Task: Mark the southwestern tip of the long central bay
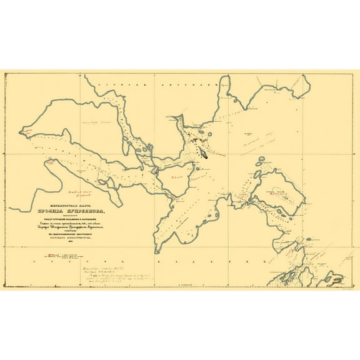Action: point(157,249)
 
